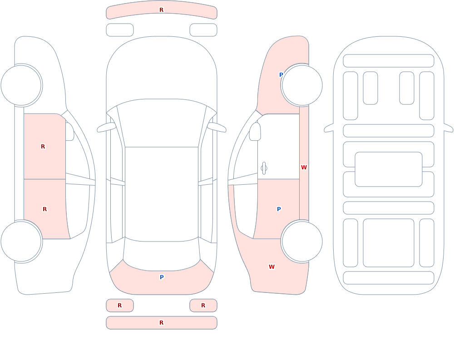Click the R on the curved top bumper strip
(162, 10)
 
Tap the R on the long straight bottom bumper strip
(162, 323)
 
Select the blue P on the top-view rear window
(162, 277)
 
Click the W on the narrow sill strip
(304, 168)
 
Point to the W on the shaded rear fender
(271, 267)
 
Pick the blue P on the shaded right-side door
(279, 209)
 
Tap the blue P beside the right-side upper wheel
(281, 75)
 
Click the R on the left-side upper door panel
(43, 147)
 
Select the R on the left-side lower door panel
(44, 209)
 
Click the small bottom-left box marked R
(120, 305)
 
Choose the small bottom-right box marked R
(203, 305)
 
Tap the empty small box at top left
(120, 30)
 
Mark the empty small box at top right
(203, 30)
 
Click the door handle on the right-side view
(264, 168)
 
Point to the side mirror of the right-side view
(255, 132)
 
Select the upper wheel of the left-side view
(21, 85)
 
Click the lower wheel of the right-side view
(302, 241)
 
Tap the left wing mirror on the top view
(107, 127)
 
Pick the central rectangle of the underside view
(389, 169)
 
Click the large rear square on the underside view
(389, 243)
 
